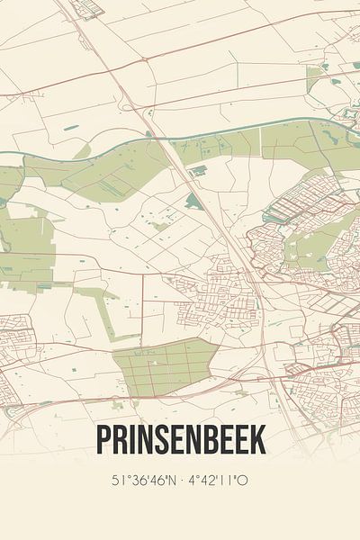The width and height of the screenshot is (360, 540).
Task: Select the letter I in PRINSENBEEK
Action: click(131, 441)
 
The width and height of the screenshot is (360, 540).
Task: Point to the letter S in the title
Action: click(162, 441)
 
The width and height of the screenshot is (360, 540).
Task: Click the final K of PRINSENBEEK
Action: click(257, 441)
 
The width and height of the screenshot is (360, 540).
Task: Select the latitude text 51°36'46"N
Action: click(143, 480)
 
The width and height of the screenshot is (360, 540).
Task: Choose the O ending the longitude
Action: click(243, 480)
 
